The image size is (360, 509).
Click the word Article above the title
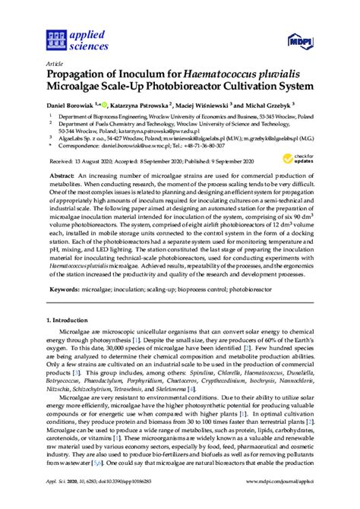tap(55, 65)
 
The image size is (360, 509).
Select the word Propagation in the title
tap(79, 76)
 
